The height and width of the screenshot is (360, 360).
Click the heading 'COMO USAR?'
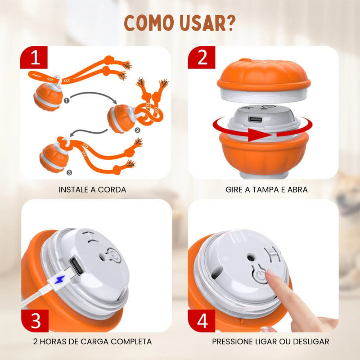[x=180, y=22]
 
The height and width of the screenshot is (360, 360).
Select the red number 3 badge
[x=36, y=320]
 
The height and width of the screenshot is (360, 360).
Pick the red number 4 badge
[x=202, y=320]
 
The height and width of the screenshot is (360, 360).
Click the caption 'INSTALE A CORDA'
[x=92, y=189]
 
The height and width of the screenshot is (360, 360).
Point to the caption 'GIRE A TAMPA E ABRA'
[x=266, y=189]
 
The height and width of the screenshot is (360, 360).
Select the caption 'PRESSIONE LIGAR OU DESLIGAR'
[x=270, y=342]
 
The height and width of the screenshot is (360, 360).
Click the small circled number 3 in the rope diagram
[x=68, y=171]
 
